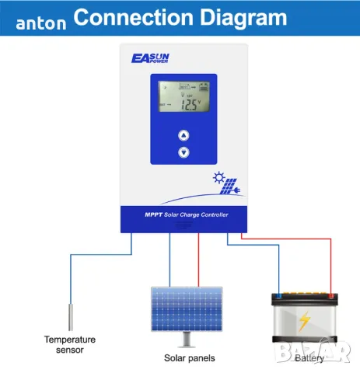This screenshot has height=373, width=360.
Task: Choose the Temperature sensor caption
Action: (69, 344)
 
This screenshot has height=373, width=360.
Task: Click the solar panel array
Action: (184, 307)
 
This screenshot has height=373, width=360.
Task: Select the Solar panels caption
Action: (189, 358)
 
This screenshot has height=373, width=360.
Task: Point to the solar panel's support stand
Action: (185, 339)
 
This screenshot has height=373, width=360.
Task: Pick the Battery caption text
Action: (311, 358)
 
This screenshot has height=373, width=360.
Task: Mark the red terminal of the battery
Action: (332, 295)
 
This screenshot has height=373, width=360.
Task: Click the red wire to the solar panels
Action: (199, 260)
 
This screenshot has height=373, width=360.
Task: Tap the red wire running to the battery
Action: (332, 264)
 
